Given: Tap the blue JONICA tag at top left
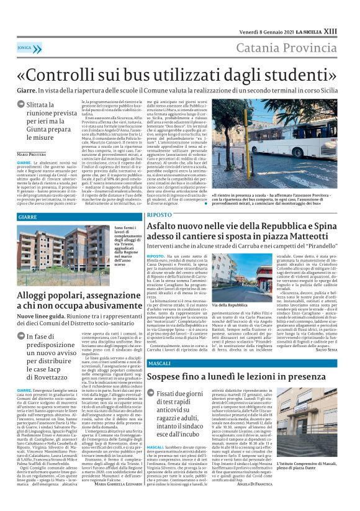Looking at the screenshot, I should tap(25, 47).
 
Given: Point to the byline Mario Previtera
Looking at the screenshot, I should tap(31, 153).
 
